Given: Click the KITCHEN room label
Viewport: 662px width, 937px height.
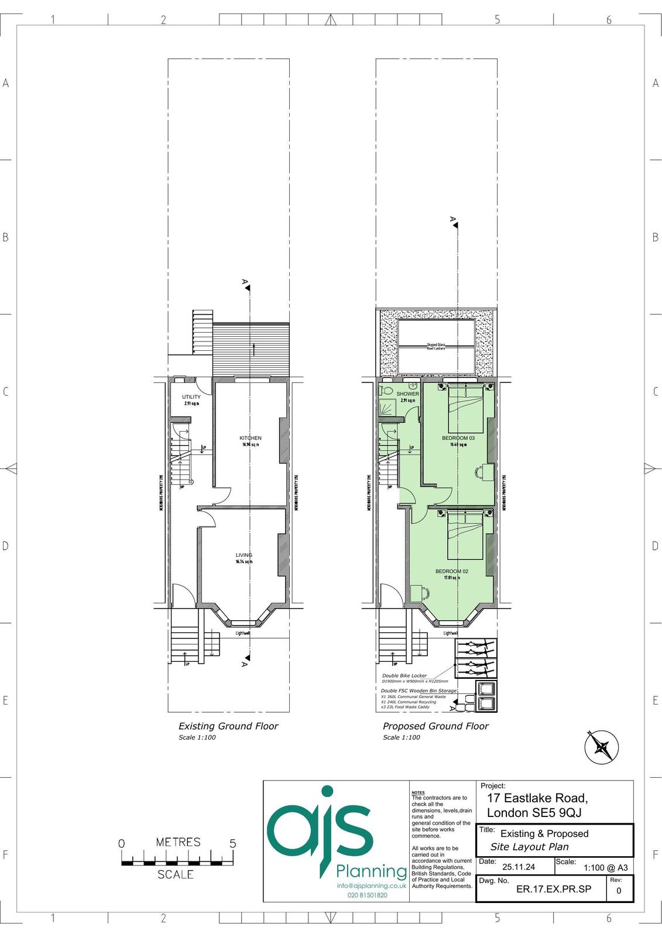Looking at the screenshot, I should coord(250,438).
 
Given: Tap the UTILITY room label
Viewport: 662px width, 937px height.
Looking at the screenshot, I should coord(191,397).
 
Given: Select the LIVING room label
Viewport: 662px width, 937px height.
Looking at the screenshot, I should coord(244,555).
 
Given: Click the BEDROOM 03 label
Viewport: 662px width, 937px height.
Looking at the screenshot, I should coord(458,438).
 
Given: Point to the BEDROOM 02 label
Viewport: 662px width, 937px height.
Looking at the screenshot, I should coord(451,571).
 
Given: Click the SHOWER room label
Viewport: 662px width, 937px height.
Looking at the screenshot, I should coord(407,394).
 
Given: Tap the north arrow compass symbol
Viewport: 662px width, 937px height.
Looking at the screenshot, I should coord(602,747).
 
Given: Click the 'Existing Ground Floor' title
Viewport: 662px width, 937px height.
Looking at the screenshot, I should coord(228,726).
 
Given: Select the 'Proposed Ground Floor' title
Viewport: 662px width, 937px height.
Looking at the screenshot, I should coord(435,726).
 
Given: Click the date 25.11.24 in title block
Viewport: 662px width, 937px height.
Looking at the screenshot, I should coord(515,867).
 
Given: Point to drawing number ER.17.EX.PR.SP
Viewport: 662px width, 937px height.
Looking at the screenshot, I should coord(554,889).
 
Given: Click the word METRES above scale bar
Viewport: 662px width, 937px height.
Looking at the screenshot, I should coord(178,842).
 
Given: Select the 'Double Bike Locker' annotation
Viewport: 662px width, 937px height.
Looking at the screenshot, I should coord(404,676).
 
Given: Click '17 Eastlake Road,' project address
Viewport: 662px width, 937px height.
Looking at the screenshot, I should coord(537,798).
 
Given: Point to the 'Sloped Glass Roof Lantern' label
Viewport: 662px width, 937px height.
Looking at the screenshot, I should coord(435,347).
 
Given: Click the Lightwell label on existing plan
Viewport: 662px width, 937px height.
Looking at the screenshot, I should coord(242,634).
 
